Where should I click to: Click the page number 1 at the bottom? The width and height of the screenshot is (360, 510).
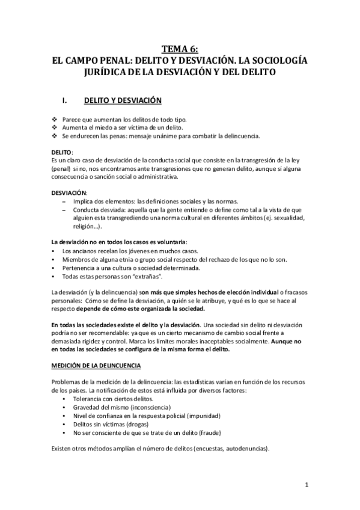pos(306,485)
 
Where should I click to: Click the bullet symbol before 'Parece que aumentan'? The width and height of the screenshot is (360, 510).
pos(55,120)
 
